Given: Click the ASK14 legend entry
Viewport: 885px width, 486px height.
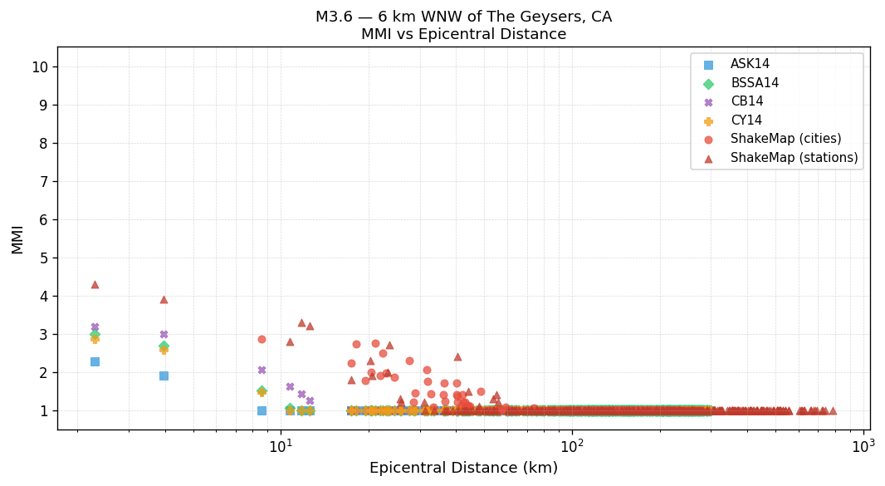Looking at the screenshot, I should click(x=749, y=65).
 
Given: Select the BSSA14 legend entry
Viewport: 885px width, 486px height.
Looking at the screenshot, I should click(x=754, y=83).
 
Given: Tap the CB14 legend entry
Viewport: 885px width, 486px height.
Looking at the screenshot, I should click(x=746, y=102).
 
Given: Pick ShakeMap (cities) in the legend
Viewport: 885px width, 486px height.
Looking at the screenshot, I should click(x=785, y=140).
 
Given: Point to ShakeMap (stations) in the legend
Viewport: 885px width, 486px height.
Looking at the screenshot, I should click(x=794, y=158).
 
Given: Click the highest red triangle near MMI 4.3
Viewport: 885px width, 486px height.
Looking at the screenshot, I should click(x=95, y=284).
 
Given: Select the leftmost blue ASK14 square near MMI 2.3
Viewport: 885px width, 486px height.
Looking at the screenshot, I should click(x=95, y=361).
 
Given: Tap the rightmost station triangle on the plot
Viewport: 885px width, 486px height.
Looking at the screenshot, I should click(x=833, y=410).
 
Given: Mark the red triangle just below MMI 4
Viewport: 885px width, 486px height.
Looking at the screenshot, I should click(x=164, y=299).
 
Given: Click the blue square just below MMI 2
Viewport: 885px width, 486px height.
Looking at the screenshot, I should click(x=164, y=376).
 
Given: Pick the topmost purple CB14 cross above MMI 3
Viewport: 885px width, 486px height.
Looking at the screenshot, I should click(x=95, y=327).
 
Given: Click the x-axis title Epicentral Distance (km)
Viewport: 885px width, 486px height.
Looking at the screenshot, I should click(x=463, y=469).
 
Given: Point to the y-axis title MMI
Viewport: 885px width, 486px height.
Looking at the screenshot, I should click(x=17, y=238).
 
